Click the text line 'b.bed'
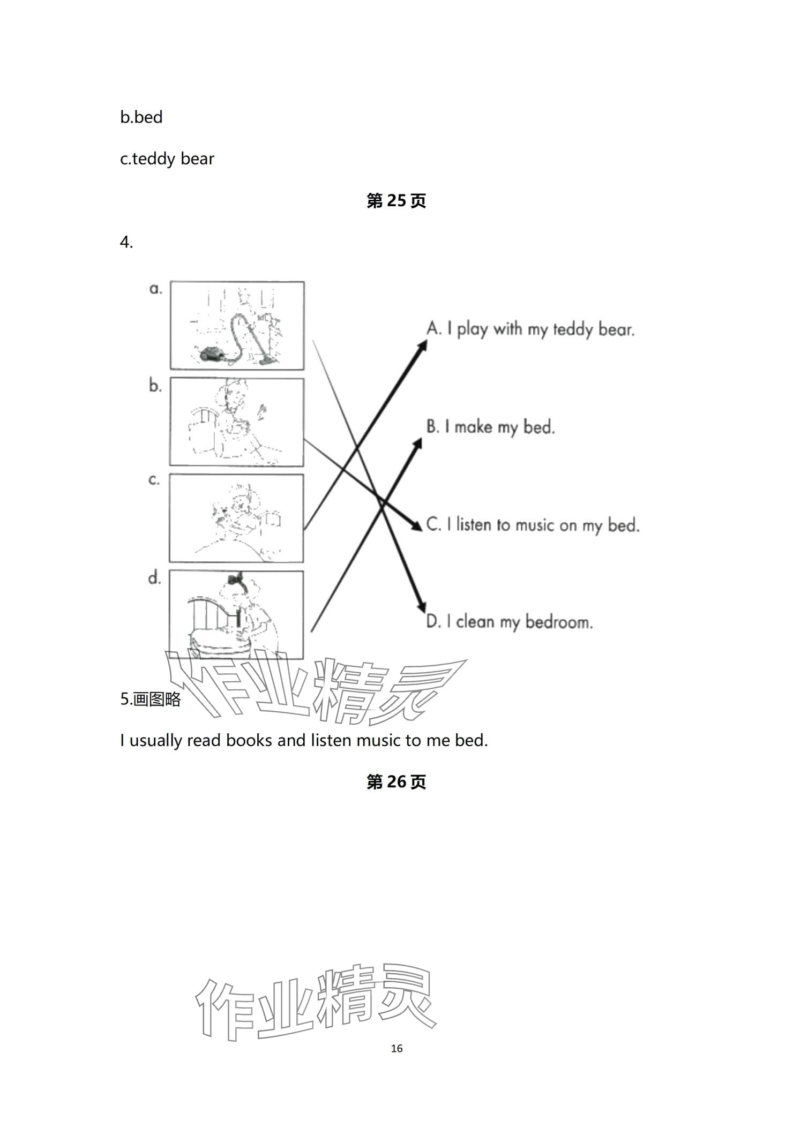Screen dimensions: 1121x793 pos(141,117)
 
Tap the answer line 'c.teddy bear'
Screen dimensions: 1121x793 pos(167,159)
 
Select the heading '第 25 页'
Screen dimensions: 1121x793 pos(396,201)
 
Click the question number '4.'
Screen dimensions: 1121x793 pos(126,242)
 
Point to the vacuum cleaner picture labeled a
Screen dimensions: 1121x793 pos(237,326)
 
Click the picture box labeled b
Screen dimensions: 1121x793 pos(236,422)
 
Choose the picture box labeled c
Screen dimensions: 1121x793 pos(236,518)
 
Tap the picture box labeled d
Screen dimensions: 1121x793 pos(236,614)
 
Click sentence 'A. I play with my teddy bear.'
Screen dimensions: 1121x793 pos(530,328)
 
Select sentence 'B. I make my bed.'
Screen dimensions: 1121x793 pos(490,427)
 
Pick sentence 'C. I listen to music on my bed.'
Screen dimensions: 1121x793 pos(533,524)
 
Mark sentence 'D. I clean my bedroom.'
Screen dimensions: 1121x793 pos(509,621)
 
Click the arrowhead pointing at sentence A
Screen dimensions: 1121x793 pos(422,345)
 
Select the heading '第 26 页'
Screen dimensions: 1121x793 pos(396,782)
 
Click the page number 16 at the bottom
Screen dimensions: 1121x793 pos(396,1048)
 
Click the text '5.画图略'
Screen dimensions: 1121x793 pos(151,699)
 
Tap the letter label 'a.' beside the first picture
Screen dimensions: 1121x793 pos(155,289)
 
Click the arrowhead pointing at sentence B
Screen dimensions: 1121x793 pos(417,444)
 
